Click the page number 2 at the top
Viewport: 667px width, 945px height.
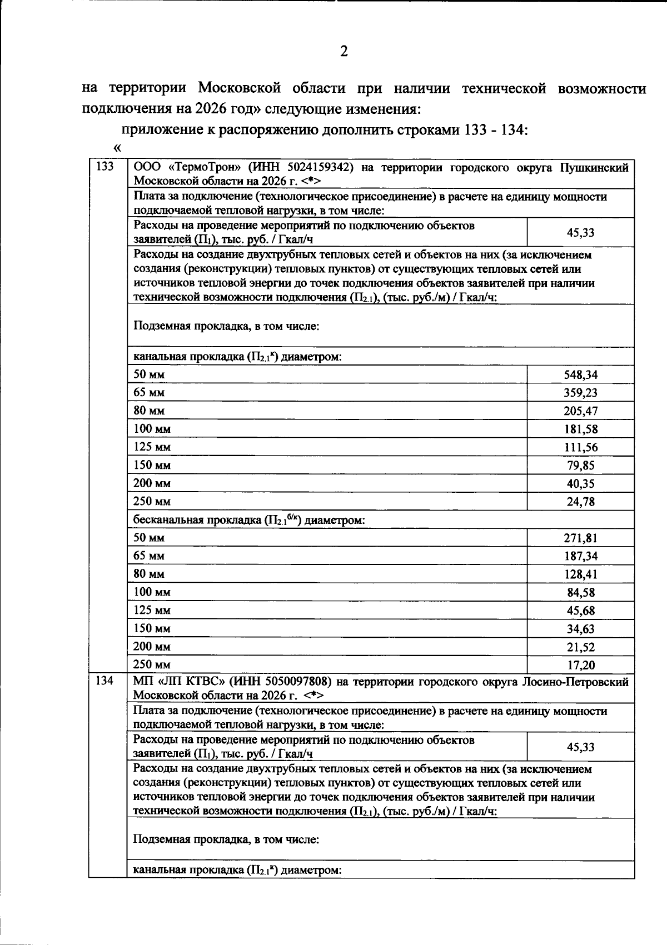pyautogui.click(x=344, y=52)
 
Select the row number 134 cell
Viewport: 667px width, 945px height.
pyautogui.click(x=105, y=681)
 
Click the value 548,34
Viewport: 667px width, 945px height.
pyautogui.click(x=581, y=375)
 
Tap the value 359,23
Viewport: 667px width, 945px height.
pyautogui.click(x=581, y=393)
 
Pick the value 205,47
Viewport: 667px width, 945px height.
pyautogui.click(x=581, y=412)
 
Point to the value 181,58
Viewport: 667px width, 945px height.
pyautogui.click(x=581, y=429)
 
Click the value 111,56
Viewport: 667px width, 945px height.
pyautogui.click(x=581, y=448)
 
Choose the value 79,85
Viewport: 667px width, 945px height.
pyautogui.click(x=581, y=466)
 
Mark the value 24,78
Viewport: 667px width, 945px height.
pyautogui.click(x=581, y=502)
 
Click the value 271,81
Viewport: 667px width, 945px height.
pyautogui.click(x=581, y=538)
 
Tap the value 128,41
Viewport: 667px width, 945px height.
pyautogui.click(x=581, y=574)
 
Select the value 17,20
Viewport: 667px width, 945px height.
pyautogui.click(x=581, y=665)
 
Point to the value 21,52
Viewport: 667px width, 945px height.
pyautogui.click(x=581, y=647)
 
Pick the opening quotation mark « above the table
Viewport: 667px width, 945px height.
pyautogui.click(x=117, y=148)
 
